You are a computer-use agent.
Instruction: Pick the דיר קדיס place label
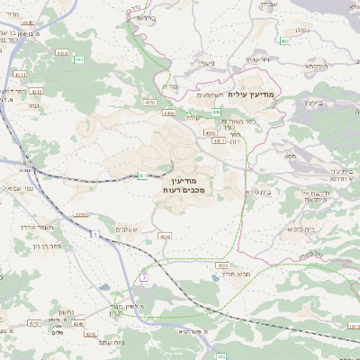(258, 60)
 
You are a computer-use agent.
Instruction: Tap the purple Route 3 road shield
(143, 277)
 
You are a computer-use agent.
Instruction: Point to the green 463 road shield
(284, 40)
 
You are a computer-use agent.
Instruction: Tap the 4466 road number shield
(169, 113)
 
